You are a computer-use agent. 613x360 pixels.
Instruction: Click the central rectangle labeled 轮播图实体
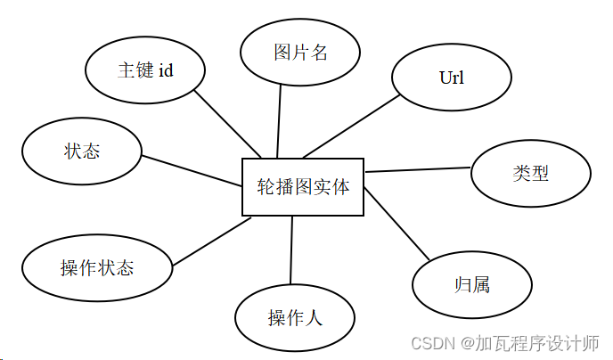pyautogui.click(x=303, y=187)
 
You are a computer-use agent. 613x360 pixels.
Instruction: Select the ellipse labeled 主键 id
pyautogui.click(x=145, y=71)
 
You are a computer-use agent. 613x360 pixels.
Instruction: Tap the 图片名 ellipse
pyautogui.click(x=300, y=52)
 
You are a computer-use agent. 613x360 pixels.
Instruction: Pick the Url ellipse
pyautogui.click(x=452, y=78)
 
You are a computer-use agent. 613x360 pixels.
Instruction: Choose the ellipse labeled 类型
pyautogui.click(x=530, y=173)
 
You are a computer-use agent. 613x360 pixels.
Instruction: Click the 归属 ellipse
pyautogui.click(x=472, y=286)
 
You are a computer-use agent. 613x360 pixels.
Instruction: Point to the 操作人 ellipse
pyautogui.click(x=295, y=317)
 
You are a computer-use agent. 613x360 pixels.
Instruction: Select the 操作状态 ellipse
pyautogui.click(x=97, y=267)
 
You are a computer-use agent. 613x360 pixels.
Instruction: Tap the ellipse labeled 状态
pyautogui.click(x=82, y=151)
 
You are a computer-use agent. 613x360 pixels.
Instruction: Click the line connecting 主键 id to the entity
pyautogui.click(x=226, y=123)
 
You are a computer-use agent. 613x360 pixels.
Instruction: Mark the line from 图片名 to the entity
pyautogui.click(x=280, y=121)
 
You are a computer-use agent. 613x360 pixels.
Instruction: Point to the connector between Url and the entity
pyautogui.click(x=352, y=126)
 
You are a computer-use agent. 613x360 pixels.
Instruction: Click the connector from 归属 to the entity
pyautogui.click(x=396, y=224)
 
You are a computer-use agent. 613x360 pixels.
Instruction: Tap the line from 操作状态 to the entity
pyautogui.click(x=211, y=241)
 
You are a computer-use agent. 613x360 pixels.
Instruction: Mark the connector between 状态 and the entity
pyautogui.click(x=192, y=171)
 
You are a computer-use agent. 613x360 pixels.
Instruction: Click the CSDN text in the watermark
pyautogui.click(x=431, y=343)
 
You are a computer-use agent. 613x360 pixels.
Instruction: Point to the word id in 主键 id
pyautogui.click(x=166, y=71)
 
